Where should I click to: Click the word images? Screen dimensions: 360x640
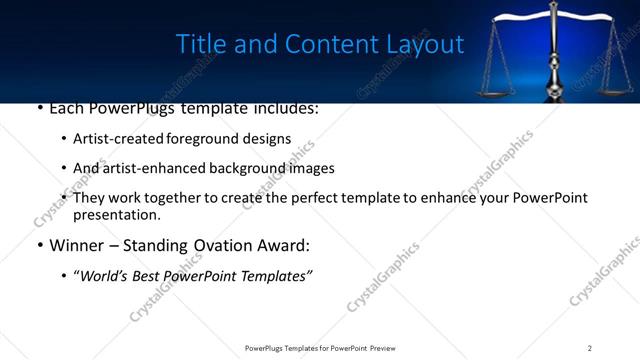[312, 168]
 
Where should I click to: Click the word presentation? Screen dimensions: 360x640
[116, 214]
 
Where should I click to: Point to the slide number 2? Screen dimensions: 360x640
[590, 348]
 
